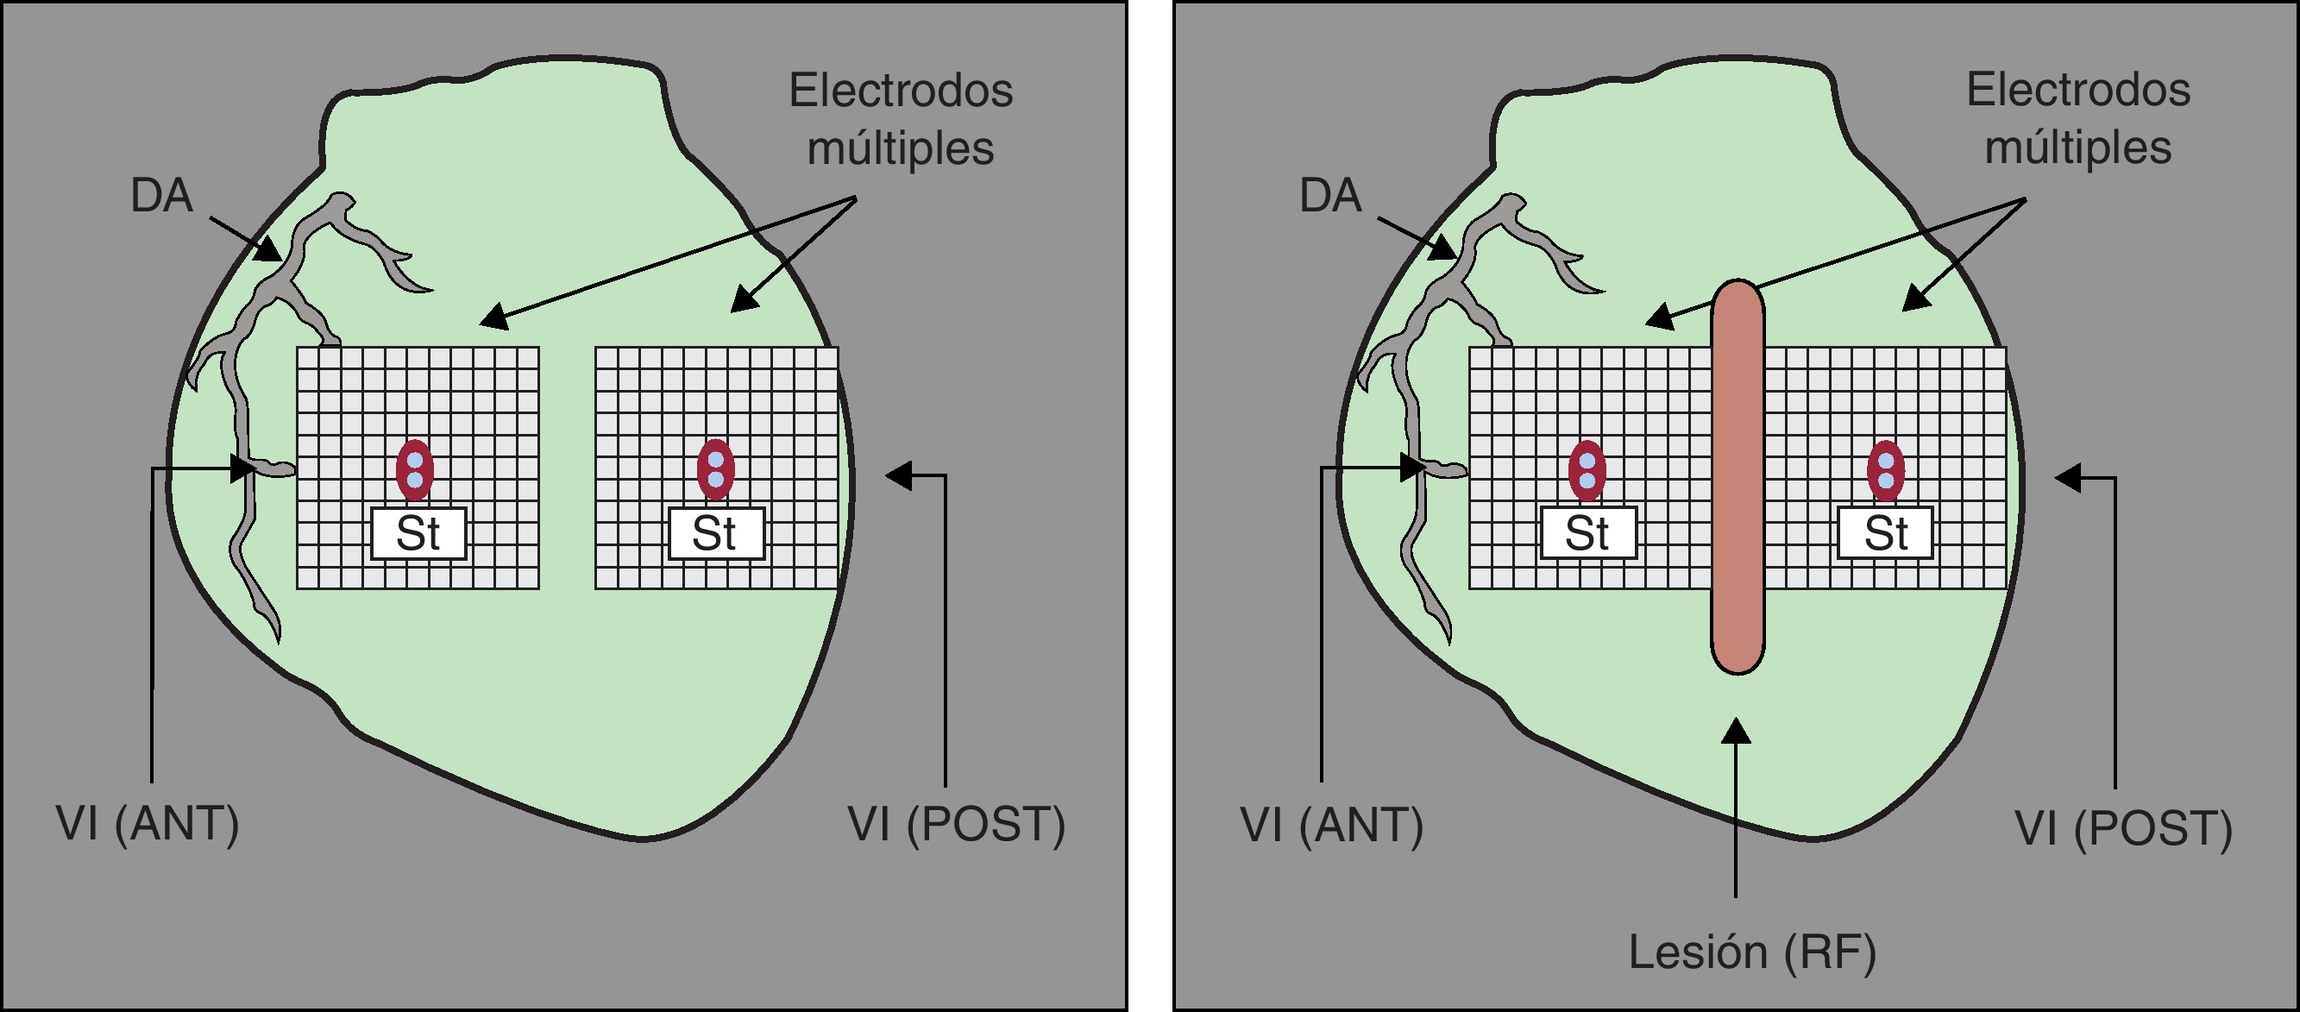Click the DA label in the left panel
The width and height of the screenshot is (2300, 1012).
pos(161,196)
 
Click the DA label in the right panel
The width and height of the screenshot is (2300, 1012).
pos(1330,196)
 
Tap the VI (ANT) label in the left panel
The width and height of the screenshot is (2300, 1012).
pos(148,823)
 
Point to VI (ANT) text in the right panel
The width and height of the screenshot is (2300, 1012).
pos(1332,825)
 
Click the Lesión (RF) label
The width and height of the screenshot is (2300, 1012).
pos(1752,952)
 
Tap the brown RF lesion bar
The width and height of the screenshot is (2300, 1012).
pos(1738,477)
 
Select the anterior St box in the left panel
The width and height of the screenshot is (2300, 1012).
pos(418,533)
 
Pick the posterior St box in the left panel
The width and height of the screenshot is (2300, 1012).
pos(716,533)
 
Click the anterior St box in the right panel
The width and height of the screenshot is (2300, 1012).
pos(1587,533)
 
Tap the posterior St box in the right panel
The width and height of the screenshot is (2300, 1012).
pos(1886,533)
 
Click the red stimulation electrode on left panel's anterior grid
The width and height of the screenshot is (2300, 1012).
pos(415,470)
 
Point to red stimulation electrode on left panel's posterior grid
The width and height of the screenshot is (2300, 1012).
pos(715,470)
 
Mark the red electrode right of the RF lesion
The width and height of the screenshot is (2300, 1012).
pos(1886,470)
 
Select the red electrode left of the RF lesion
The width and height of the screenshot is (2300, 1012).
pos(1587,470)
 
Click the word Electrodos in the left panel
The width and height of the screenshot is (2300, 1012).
pos(901,91)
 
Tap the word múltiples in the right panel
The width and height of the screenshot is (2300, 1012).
pos(2077,148)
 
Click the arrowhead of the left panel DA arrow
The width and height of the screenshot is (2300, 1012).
pos(270,251)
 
